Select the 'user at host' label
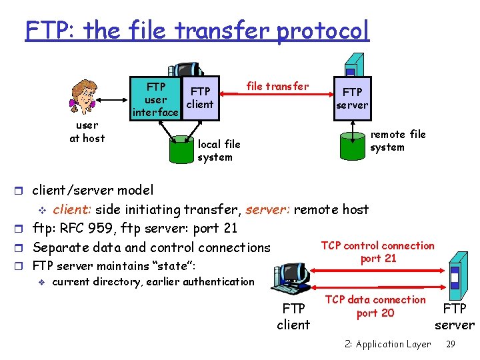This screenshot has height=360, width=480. tap(87, 131)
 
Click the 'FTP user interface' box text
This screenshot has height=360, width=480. tap(156, 99)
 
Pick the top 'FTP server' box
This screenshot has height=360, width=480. tap(352, 98)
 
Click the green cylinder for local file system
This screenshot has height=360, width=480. tap(180, 150)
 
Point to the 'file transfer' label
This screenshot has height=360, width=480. tap(277, 86)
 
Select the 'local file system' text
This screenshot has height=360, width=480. tap(219, 151)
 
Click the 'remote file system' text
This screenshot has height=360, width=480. tap(397, 141)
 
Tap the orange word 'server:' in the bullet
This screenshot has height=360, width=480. tap(267, 209)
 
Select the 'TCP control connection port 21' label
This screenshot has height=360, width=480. tap(377, 252)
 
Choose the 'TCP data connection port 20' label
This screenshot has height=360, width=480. tap(376, 306)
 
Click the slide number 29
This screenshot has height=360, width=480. tap(450, 344)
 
